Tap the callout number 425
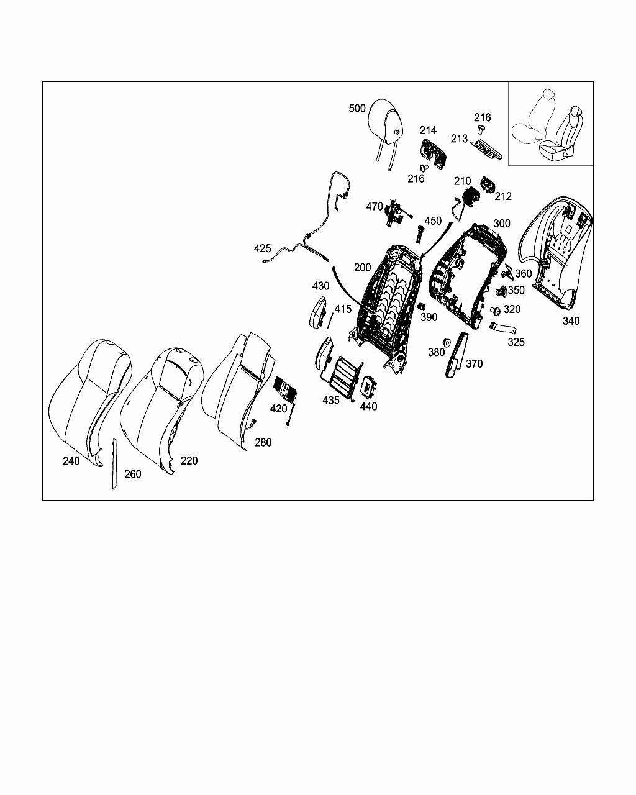263,248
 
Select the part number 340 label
571,321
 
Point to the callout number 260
133,474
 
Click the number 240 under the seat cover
71,461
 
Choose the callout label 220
189,460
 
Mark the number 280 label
263,443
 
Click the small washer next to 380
446,343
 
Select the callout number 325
516,342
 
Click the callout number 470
375,207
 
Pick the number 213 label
459,139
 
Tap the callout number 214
428,130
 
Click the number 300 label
502,224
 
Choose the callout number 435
331,401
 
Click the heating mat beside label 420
286,389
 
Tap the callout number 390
429,317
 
